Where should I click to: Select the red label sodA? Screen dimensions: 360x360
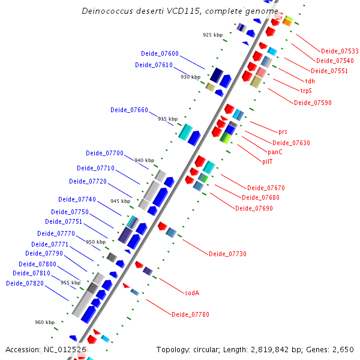coord(192,293)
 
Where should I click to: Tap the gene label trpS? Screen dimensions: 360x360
coord(306,91)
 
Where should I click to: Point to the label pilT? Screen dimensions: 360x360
coord(268,161)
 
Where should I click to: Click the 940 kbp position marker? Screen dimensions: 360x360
coord(144,160)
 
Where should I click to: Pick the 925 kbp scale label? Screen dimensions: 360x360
coord(212,35)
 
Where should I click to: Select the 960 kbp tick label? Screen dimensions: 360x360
coord(44,322)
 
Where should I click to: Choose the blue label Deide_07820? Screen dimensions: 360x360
coord(25,283)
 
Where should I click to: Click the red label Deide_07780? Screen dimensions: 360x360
coord(190,314)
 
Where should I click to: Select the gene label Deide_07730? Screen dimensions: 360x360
coord(227,254)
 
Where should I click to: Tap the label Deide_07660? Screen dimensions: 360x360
coord(129,110)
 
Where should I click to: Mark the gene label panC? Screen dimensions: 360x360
coord(275,152)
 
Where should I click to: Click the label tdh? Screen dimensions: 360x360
coord(310,81)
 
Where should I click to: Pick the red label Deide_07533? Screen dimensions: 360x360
coord(340,51)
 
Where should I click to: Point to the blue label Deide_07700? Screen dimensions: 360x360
coord(104,153)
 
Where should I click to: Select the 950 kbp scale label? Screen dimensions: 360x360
coord(95,242)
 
